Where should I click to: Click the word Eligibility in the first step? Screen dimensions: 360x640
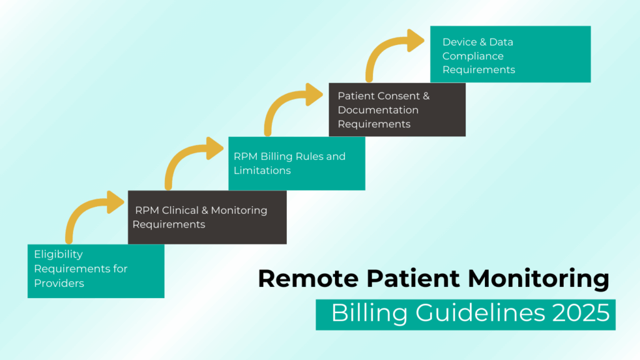tap(58, 254)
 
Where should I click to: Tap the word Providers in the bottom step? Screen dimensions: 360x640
tap(59, 283)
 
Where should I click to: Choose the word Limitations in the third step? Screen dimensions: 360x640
tap(262, 170)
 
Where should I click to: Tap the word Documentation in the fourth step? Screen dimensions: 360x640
tap(378, 110)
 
